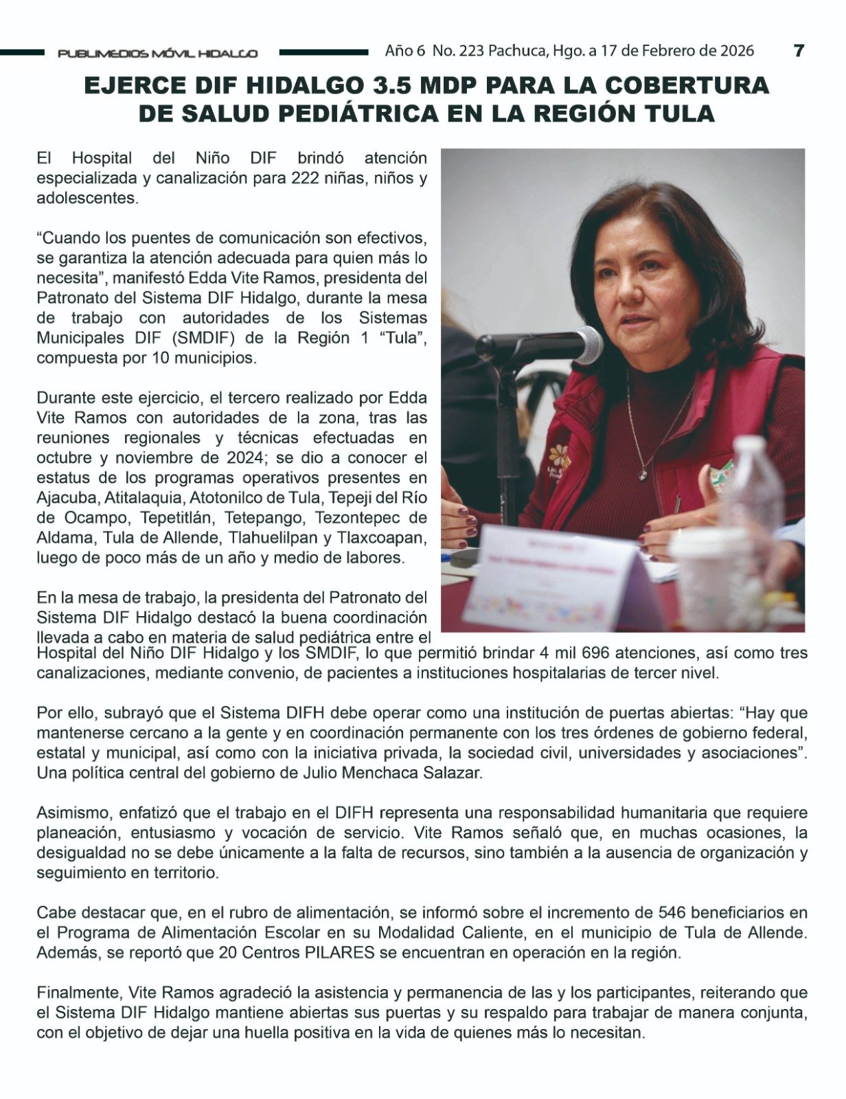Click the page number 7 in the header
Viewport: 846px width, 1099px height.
point(799,50)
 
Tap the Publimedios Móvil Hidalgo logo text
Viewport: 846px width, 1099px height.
point(158,53)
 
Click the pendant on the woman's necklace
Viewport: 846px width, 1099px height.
point(643,473)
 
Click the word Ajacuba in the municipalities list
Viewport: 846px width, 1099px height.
point(65,497)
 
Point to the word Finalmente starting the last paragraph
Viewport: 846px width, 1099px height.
point(78,993)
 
